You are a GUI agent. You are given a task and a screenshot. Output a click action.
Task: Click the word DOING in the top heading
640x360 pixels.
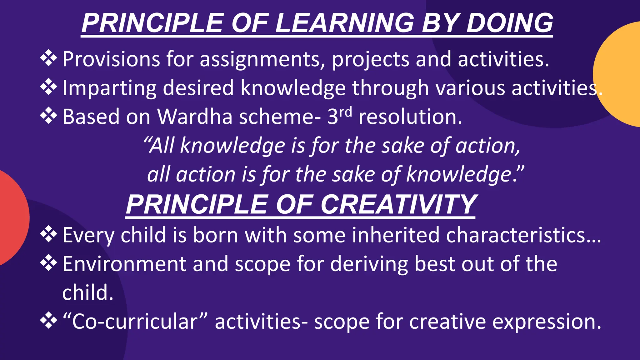[x=509, y=23]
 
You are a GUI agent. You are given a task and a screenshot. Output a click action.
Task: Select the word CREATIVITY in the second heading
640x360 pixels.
[x=398, y=205]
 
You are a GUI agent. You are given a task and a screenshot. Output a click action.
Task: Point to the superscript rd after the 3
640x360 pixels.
[x=346, y=112]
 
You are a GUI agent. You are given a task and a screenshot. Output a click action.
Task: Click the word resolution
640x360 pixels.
[x=410, y=117]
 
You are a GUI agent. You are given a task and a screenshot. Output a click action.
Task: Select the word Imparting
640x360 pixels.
[x=109, y=88]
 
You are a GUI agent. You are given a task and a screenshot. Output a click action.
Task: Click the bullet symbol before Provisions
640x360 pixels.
[x=49, y=58]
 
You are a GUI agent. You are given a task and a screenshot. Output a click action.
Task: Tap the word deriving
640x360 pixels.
[x=369, y=264]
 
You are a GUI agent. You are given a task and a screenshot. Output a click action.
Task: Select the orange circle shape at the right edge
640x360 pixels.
[x=620, y=74]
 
